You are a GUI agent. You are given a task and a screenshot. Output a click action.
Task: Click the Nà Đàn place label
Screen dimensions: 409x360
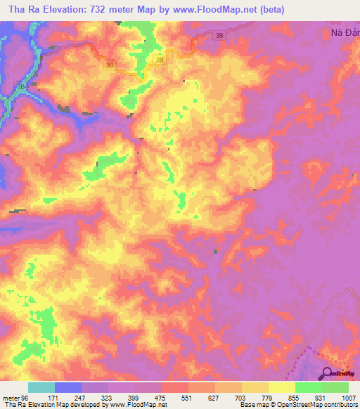pyautogui.click(x=345, y=32)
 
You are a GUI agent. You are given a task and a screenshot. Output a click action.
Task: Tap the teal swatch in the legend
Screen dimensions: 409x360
pyautogui.click(x=41, y=387)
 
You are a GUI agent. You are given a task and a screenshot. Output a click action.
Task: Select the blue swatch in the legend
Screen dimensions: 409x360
pyautogui.click(x=68, y=387)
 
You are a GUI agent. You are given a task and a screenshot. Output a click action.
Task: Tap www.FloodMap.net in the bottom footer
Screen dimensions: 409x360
pyautogui.click(x=139, y=405)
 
